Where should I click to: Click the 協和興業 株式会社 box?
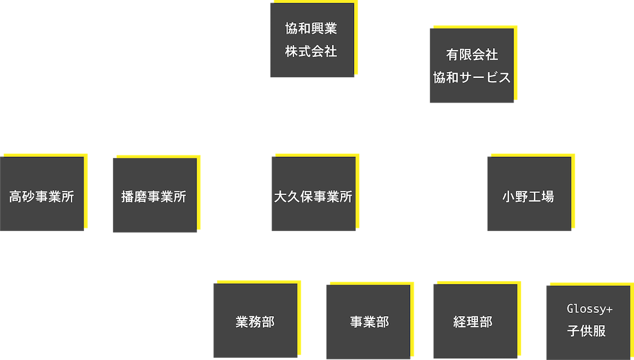pyautogui.click(x=312, y=41)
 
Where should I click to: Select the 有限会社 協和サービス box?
pyautogui.click(x=471, y=66)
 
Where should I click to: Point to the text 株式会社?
pyautogui.click(x=311, y=52)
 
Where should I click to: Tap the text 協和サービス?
pyautogui.click(x=471, y=78)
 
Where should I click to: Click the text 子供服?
pyautogui.click(x=586, y=332)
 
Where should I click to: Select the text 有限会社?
pyautogui.click(x=471, y=54)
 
